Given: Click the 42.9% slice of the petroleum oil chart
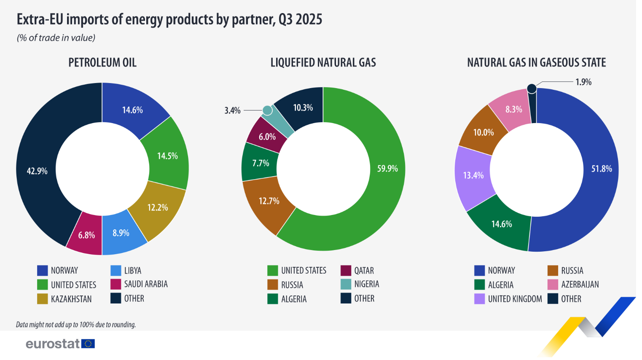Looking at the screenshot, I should pyautogui.click(x=37, y=171).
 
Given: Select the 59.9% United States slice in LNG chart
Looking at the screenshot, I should pyautogui.click(x=387, y=169).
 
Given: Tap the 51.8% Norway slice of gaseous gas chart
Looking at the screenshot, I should pyautogui.click(x=601, y=169).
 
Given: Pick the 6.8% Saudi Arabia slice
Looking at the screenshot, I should pyautogui.click(x=86, y=235).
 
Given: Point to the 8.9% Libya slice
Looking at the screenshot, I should pyautogui.click(x=121, y=233).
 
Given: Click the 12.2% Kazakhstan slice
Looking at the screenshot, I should pyautogui.click(x=158, y=207).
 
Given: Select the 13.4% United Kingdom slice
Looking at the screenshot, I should pyautogui.click(x=473, y=175).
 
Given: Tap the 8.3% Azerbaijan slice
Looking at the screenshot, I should pyautogui.click(x=513, y=109).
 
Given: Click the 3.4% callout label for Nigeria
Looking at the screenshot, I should pyautogui.click(x=232, y=110).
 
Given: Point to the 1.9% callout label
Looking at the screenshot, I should pyautogui.click(x=583, y=82).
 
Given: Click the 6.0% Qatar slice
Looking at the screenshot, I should pyautogui.click(x=267, y=137).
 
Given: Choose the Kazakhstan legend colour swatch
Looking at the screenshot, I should pyautogui.click(x=42, y=299).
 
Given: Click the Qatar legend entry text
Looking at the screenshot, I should pyautogui.click(x=364, y=271).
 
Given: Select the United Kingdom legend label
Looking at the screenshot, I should pyautogui.click(x=515, y=299).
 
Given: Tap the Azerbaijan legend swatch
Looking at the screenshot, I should pyautogui.click(x=553, y=285).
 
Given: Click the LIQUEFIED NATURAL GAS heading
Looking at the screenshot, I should pyautogui.click(x=323, y=63).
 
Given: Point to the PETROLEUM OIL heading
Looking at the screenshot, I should pyautogui.click(x=102, y=63).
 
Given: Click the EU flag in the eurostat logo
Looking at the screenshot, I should pyautogui.click(x=88, y=344).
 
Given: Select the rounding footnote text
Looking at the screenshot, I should pyautogui.click(x=76, y=325).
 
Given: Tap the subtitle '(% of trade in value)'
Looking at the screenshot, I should pyautogui.click(x=56, y=38).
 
